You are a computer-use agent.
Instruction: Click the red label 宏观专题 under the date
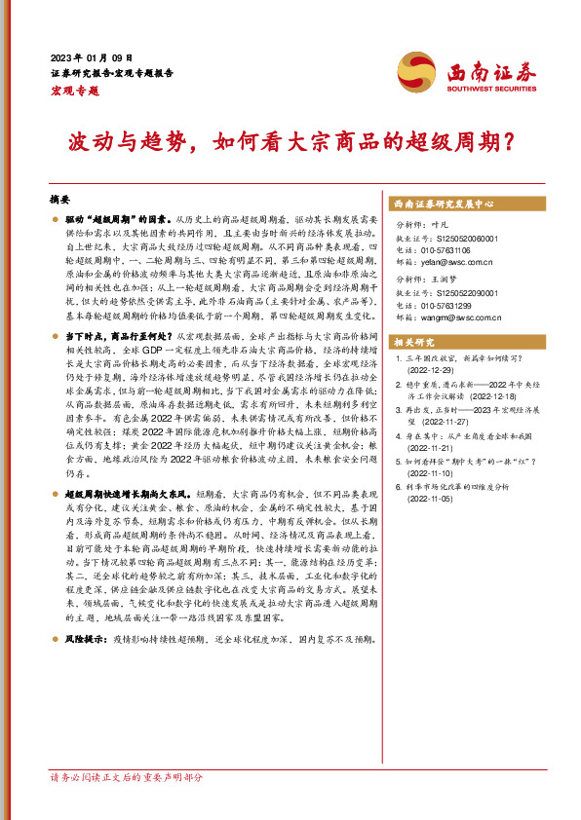tap(74, 91)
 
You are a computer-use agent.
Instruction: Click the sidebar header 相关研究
tap(414, 343)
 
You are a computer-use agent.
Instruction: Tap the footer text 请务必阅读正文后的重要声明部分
tap(127, 805)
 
